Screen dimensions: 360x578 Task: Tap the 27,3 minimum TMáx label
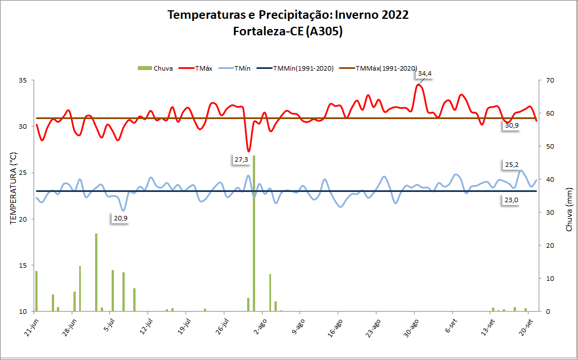tap(241, 160)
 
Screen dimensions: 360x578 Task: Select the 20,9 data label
tap(120, 218)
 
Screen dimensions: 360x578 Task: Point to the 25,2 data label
tap(511, 166)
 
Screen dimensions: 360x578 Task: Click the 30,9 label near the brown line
tap(511, 125)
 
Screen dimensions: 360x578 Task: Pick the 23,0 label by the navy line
tap(511, 200)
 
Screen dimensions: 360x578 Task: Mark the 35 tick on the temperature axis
tap(24, 80)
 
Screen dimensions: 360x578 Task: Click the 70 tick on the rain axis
tap(550, 80)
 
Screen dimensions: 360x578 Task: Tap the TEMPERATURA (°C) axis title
tap(14, 188)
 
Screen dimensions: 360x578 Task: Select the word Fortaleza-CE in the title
tap(268, 32)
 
